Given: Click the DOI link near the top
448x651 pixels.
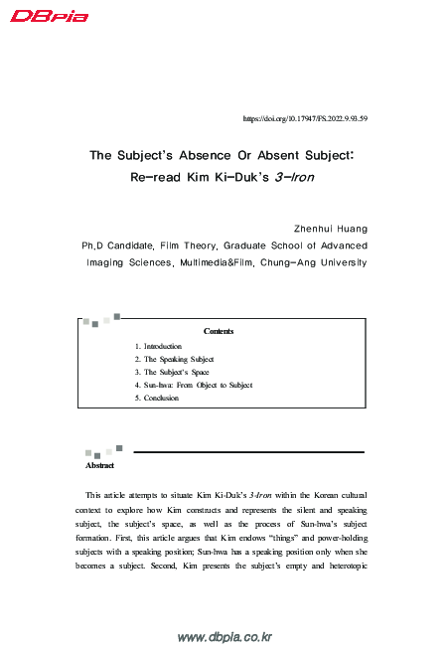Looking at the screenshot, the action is (305, 118).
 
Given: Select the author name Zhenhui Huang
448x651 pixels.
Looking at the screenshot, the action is (332, 228).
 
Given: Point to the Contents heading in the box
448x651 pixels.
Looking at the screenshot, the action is (218, 331).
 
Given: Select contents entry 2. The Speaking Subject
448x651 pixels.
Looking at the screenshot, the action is (174, 359).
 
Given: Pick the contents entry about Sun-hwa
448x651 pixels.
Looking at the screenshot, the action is (193, 385).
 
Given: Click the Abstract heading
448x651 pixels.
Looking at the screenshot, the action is (100, 465).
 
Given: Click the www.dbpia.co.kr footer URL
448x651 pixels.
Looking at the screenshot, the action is (224, 637).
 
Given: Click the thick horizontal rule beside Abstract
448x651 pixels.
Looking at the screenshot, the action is (248, 452).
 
